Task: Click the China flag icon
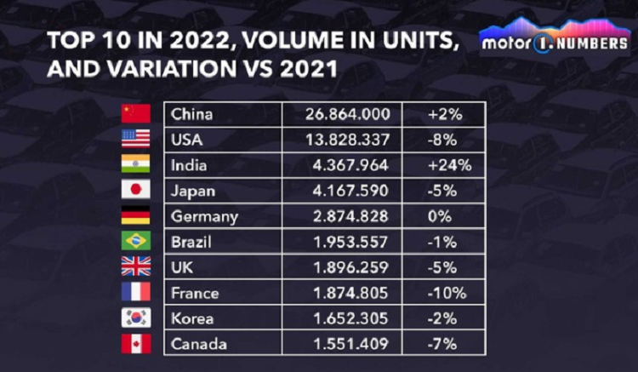pos(136,114)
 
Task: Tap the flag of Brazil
pos(136,241)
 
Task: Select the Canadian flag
pos(136,343)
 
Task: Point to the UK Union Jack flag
pos(136,266)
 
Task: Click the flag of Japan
pos(136,190)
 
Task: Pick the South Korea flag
pos(136,318)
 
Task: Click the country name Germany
pos(204,216)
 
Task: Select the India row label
pos(189,165)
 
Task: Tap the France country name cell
pos(195,293)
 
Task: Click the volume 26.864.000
pos(348,114)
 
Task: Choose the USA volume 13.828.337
pos(348,140)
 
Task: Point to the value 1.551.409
pos(351,344)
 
